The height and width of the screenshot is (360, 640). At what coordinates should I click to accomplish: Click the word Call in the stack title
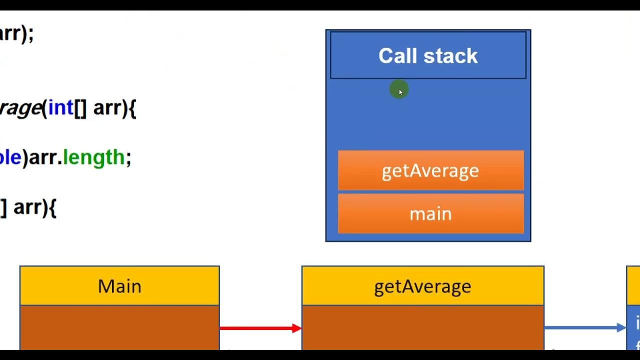(x=398, y=56)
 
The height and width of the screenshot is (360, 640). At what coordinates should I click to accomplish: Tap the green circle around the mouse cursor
(x=399, y=90)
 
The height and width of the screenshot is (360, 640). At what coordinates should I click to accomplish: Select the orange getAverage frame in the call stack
(x=430, y=170)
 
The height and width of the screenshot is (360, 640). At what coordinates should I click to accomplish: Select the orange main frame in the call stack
(x=430, y=214)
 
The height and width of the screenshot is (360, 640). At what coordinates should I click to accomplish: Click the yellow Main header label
(x=119, y=286)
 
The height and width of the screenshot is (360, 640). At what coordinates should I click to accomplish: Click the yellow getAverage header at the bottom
(x=422, y=286)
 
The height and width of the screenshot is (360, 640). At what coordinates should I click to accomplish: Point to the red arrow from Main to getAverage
(x=260, y=328)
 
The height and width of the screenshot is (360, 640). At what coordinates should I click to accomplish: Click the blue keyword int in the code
(x=60, y=107)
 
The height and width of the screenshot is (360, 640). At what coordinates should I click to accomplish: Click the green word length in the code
(x=93, y=157)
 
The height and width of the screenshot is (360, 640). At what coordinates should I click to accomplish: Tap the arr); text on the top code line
(x=16, y=34)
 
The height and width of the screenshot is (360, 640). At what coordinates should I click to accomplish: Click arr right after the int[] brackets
(x=107, y=107)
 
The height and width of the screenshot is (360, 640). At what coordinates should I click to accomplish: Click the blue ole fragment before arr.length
(x=10, y=157)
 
